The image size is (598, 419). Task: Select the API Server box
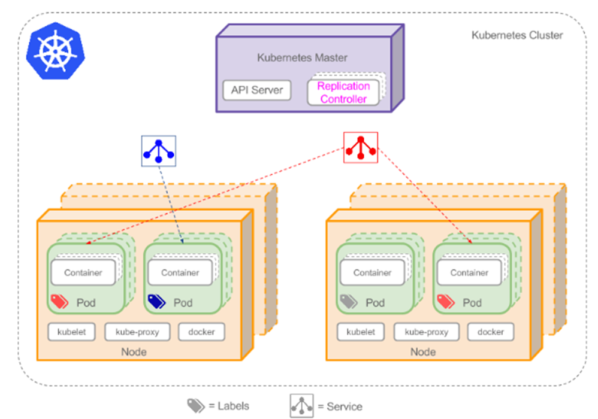point(257,91)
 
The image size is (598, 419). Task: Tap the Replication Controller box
point(343,93)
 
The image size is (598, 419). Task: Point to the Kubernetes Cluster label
point(517,35)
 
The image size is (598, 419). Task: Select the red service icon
point(361,147)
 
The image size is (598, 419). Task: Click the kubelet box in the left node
point(72,332)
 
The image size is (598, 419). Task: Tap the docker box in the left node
point(202,332)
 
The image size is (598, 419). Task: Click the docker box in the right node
point(491,332)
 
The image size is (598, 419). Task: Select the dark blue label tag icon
point(157,301)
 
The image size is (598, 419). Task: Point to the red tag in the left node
point(60,301)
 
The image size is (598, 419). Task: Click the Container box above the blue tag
point(180,273)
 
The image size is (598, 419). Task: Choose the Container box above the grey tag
point(372,273)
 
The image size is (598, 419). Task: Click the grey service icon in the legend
point(302,406)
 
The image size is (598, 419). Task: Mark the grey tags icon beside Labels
point(196,406)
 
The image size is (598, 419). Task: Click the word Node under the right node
point(422,351)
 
